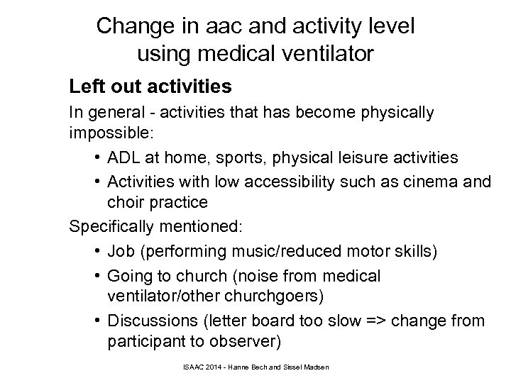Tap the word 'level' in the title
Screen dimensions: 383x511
(x=388, y=26)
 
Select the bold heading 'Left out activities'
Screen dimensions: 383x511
(x=150, y=87)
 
